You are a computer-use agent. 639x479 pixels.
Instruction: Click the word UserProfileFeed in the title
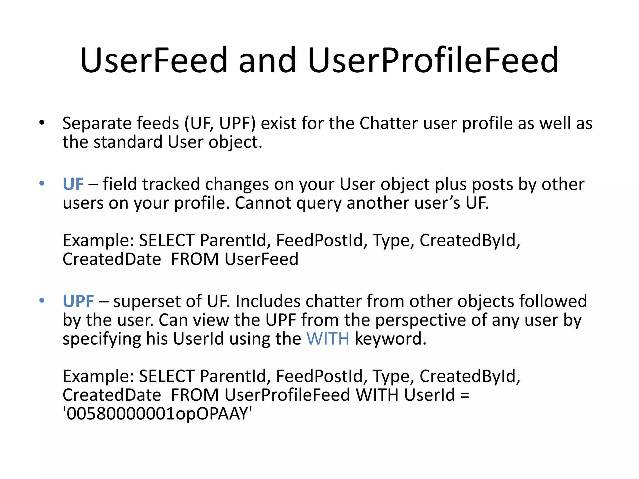coord(433,60)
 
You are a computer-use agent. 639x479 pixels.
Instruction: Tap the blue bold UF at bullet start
coord(73,184)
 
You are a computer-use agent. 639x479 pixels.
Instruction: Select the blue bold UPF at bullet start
coord(78,301)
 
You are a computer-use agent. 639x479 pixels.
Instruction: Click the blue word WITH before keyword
coord(328,339)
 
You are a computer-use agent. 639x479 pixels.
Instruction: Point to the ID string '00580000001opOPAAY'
coord(157,414)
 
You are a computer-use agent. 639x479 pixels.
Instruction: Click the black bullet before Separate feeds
coord(42,123)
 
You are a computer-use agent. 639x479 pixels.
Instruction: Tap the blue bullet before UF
coord(42,183)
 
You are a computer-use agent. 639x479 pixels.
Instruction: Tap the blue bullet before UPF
coord(42,300)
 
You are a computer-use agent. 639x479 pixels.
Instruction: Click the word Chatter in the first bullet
coord(388,123)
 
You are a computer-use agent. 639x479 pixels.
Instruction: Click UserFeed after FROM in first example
coord(261,259)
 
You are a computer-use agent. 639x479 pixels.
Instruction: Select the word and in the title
coord(267,60)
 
